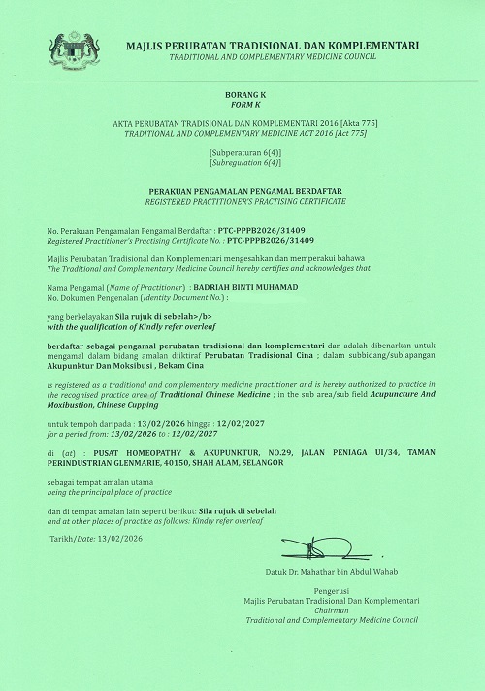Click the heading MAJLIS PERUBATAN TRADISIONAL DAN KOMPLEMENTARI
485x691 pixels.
(273, 46)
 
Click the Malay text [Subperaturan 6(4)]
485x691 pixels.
(242, 153)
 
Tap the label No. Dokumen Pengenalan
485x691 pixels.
(92, 299)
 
